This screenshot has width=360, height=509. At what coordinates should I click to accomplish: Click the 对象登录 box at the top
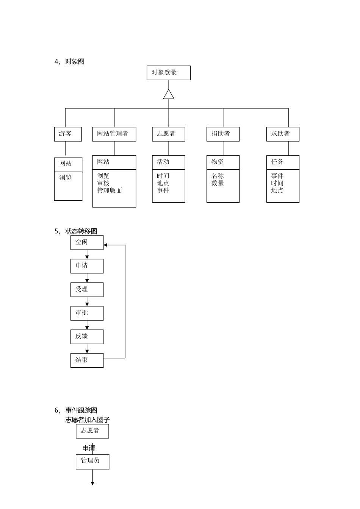click(169, 73)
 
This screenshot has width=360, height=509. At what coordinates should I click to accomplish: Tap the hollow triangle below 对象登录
click(169, 95)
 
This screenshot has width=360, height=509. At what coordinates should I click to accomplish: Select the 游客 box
click(68, 134)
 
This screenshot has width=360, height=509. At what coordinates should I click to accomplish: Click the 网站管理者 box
click(114, 134)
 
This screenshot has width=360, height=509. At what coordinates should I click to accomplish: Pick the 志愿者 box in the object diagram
click(169, 134)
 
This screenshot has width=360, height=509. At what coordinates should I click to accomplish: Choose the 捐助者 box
click(223, 134)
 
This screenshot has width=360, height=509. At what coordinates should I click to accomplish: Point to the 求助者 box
click(283, 134)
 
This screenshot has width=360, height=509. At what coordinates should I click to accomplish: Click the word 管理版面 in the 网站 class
click(110, 190)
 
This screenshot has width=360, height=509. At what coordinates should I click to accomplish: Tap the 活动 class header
click(169, 162)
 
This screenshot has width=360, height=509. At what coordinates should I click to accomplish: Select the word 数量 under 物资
click(218, 183)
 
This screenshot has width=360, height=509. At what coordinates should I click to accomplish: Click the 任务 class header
click(283, 162)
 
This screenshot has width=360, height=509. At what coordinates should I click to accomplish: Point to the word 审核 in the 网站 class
click(103, 183)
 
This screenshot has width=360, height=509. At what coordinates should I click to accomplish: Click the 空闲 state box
click(87, 242)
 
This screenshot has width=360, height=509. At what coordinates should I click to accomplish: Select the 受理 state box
click(87, 289)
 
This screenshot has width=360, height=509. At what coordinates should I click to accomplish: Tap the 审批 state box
click(87, 313)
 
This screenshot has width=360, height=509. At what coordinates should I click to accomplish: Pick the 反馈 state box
click(87, 337)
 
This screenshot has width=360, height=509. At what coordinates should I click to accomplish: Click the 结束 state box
click(87, 360)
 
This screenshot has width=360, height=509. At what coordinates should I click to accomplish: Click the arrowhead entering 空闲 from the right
click(106, 245)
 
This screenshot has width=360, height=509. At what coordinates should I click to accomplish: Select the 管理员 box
click(92, 461)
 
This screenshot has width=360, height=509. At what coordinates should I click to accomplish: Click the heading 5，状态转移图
click(76, 231)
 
